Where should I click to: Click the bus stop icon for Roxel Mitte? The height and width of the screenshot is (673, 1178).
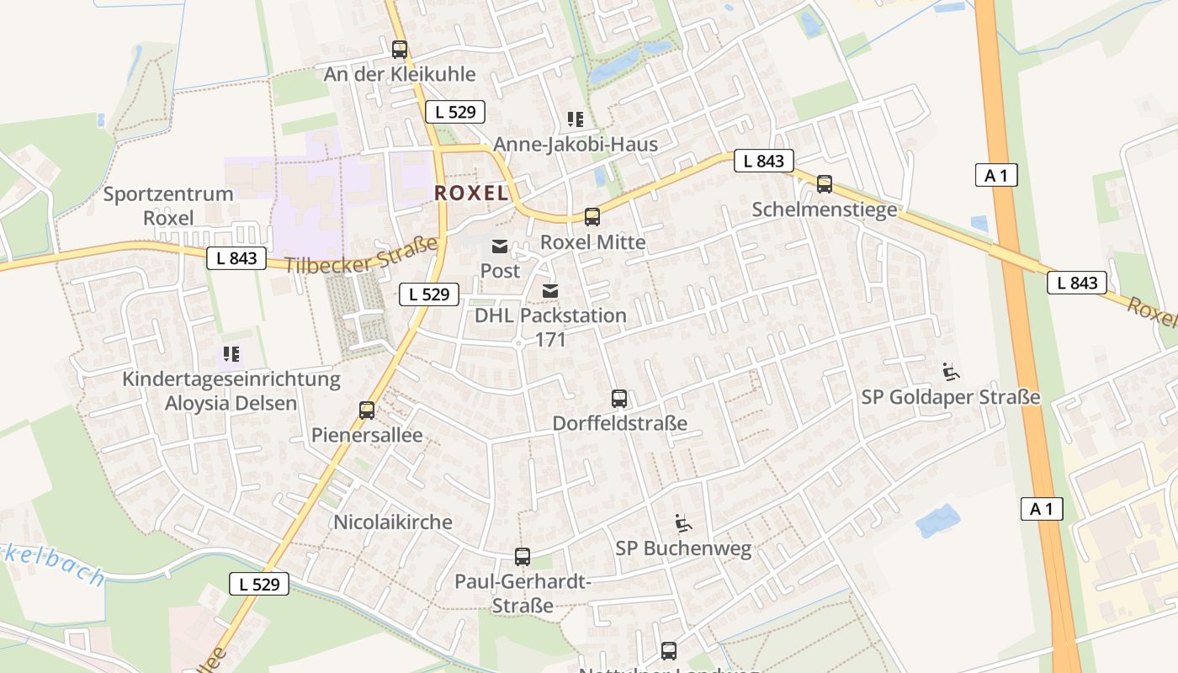592,217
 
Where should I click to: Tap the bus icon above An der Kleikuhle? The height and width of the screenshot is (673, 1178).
400,49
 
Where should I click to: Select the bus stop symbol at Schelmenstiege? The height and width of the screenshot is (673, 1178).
825,184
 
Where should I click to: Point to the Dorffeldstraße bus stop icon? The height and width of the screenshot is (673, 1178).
619,398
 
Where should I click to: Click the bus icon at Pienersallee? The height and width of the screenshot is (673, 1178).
367,410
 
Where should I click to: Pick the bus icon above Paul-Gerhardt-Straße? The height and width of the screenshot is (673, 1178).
523,556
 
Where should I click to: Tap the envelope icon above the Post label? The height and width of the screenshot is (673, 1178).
500,246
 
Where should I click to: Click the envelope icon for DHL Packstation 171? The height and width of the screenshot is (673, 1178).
550,290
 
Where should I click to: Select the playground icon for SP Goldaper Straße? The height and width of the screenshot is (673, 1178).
951,372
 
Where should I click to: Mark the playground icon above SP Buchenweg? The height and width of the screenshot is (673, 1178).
683,523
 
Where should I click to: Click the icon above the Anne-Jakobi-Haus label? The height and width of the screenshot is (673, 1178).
576,119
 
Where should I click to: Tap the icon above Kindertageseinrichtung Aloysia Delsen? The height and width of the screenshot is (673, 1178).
231,354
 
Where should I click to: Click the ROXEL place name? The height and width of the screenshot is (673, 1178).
471,193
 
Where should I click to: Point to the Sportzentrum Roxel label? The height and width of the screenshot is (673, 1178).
168,206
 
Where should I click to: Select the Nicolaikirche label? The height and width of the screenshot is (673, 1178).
393,522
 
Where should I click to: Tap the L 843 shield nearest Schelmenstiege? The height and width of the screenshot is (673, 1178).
763,161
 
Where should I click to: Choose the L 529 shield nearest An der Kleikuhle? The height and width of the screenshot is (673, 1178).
455,112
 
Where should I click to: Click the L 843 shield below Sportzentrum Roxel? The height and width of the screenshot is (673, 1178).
236,258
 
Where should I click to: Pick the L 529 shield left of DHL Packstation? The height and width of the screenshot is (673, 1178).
429,294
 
